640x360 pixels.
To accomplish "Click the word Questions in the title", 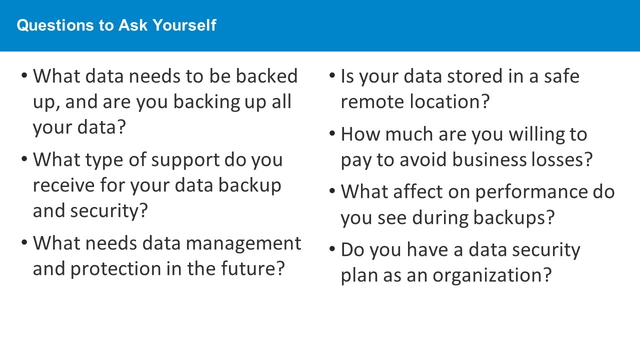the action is [55, 25].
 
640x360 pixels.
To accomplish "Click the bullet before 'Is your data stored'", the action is [332, 75].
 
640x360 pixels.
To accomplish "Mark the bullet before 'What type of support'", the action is [24, 159].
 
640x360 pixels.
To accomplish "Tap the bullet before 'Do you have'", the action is [332, 248].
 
